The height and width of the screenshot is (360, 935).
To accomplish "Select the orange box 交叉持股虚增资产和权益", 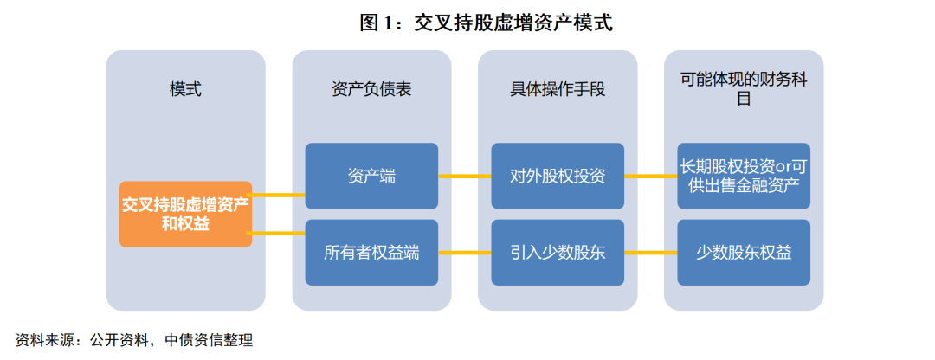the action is tap(185, 214).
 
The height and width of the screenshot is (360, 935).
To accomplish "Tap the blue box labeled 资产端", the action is tap(371, 176).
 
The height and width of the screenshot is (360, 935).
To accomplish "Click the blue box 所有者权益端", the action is tap(371, 253).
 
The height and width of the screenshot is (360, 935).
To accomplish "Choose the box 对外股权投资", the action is tap(558, 176).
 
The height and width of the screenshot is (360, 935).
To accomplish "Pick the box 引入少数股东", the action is tap(558, 253).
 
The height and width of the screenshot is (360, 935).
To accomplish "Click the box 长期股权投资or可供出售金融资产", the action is tap(744, 176).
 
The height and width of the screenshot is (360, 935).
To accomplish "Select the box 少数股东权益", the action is tap(744, 253).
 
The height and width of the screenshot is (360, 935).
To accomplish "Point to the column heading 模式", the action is tap(185, 89).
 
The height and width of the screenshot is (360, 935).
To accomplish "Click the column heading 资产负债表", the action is tap(371, 89).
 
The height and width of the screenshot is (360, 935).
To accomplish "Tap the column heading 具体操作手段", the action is tap(558, 89).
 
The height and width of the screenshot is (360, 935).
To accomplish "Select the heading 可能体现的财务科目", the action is tap(744, 89).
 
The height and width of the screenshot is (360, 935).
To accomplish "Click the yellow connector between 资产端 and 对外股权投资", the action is tap(465, 176).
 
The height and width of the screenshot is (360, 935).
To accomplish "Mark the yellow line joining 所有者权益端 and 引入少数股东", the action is tap(465, 253).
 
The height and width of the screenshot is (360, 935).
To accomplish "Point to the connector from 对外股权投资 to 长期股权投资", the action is tap(650, 176).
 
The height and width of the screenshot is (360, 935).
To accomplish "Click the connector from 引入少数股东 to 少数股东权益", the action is tap(650, 253).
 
